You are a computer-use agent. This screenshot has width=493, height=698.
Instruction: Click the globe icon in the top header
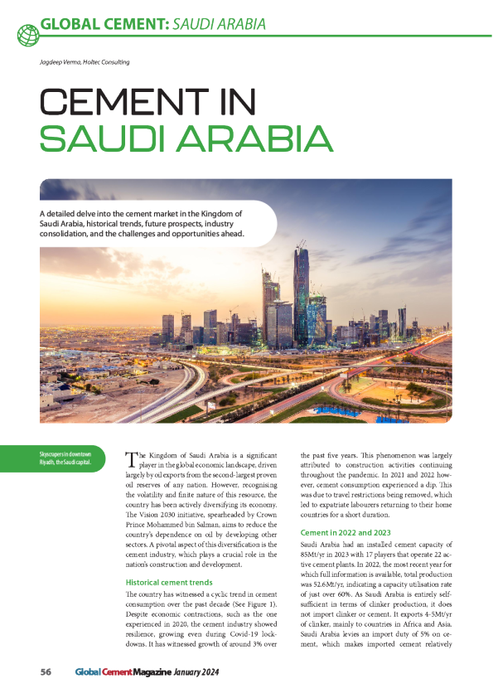pos(27,33)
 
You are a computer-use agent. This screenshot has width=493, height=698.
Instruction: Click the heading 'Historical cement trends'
pos(168,583)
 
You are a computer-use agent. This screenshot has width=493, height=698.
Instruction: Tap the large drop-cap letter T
pos(130,459)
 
